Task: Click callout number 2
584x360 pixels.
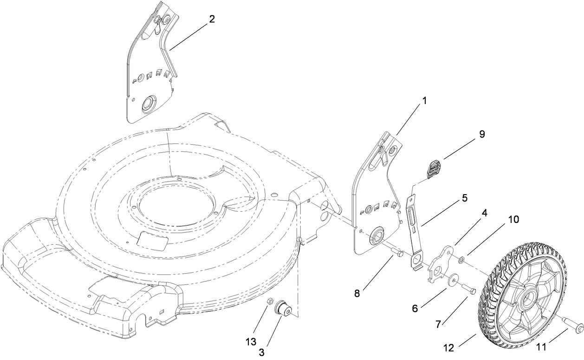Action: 212,19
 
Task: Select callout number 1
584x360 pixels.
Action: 424,100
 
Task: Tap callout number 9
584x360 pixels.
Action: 481,134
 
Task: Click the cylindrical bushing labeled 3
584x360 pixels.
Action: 282,308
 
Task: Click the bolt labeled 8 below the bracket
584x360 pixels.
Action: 397,252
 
